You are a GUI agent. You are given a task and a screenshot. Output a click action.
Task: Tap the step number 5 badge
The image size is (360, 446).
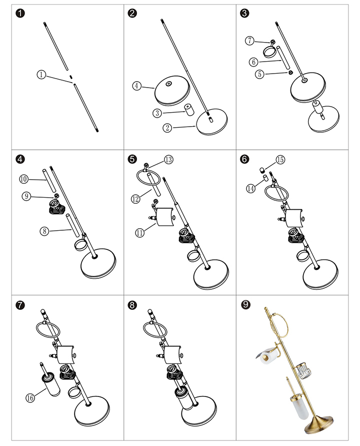132,159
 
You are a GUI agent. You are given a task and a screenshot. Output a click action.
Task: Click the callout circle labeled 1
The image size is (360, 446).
41,75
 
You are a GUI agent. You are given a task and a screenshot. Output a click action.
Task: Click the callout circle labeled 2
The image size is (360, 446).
167,128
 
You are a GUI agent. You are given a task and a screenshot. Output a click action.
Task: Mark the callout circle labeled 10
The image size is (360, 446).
23,179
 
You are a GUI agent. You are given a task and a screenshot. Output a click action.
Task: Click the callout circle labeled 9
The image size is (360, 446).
26,196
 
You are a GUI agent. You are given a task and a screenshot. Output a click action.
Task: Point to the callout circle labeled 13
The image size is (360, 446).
168,160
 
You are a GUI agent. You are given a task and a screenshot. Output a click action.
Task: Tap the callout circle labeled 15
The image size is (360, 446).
279,160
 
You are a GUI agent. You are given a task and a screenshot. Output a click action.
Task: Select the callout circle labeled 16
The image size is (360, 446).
29,398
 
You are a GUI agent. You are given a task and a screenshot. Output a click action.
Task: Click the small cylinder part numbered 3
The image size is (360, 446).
189,110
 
